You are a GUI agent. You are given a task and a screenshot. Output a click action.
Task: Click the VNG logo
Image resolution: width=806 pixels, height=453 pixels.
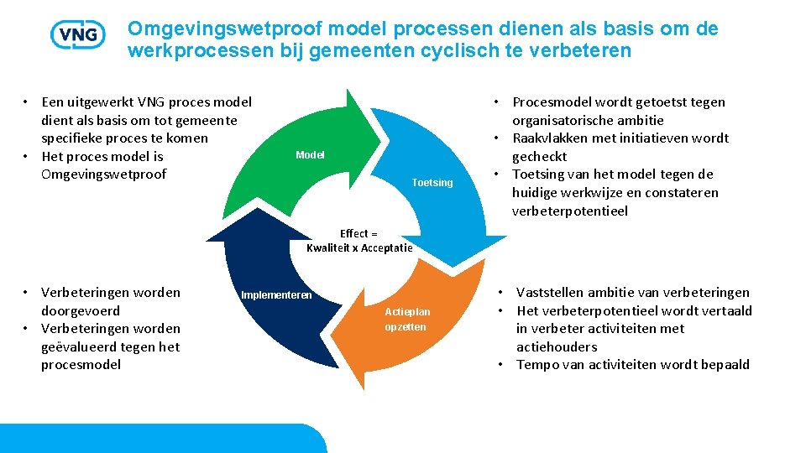point(77,34)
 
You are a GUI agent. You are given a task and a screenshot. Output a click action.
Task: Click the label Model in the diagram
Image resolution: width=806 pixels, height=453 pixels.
point(310,155)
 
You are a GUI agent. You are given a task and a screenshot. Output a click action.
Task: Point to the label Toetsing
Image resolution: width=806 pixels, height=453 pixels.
point(432,183)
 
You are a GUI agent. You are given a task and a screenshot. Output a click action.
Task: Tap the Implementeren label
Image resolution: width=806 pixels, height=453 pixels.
point(276,295)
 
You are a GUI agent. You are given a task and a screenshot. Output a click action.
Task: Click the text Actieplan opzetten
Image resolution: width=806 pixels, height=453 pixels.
point(406,320)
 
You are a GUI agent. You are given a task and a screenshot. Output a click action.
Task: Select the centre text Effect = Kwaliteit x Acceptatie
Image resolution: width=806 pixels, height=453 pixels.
point(359,241)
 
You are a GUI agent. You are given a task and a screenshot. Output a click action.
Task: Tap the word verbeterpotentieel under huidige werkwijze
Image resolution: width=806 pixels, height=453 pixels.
point(569,211)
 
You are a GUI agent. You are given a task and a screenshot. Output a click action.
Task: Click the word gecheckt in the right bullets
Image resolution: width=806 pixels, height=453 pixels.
point(539,156)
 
